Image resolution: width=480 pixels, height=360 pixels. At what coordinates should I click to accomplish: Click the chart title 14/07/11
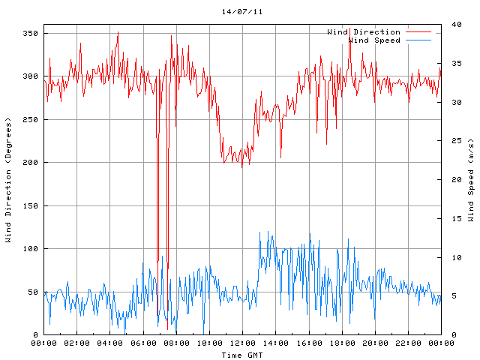[x=242, y=12]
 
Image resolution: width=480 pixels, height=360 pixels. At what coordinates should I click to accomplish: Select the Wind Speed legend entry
[x=374, y=40]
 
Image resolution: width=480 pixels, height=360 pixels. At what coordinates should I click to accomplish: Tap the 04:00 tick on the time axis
[x=110, y=343]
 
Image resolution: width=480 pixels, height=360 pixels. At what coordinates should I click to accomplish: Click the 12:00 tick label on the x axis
[x=242, y=343]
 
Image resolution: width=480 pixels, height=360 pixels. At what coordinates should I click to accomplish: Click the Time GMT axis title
[x=242, y=355]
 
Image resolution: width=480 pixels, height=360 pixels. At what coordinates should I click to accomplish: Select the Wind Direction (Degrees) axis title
[x=8, y=180]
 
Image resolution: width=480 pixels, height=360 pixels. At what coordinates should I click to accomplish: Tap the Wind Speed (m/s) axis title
[x=471, y=180]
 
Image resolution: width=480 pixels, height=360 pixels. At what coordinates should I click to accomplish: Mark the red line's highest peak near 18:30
[x=349, y=28]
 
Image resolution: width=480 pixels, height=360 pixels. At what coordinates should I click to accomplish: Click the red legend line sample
[x=419, y=32]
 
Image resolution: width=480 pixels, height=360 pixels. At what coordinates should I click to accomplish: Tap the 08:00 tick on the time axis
[x=176, y=343]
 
